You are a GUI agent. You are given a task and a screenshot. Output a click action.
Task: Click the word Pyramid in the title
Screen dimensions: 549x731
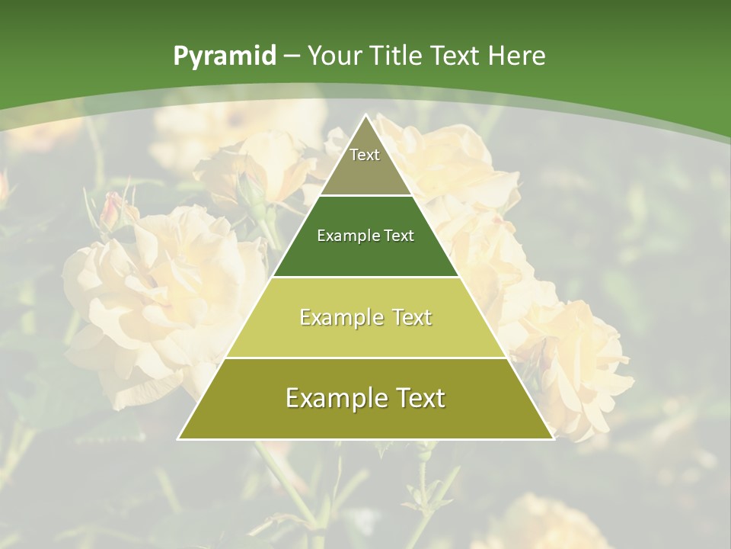coord(224,56)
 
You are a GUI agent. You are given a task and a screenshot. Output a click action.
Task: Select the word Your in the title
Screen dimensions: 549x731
coord(333,56)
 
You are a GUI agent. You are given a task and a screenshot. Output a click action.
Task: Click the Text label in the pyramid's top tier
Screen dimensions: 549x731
coord(365,155)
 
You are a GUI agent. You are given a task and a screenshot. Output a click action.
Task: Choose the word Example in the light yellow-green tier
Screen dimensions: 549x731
coord(338,317)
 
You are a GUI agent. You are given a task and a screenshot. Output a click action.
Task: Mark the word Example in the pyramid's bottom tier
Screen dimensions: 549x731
coord(332,398)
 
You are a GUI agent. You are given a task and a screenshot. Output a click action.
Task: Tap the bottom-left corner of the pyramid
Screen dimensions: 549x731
coord(179,438)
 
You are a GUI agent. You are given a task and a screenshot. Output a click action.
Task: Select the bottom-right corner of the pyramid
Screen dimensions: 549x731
coord(554,438)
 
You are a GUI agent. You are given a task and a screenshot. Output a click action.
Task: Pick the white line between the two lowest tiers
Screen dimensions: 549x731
coord(366,358)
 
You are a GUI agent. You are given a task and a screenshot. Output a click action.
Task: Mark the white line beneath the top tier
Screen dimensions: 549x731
coord(366,196)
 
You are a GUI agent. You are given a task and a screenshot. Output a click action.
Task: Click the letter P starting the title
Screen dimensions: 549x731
coord(180,56)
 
